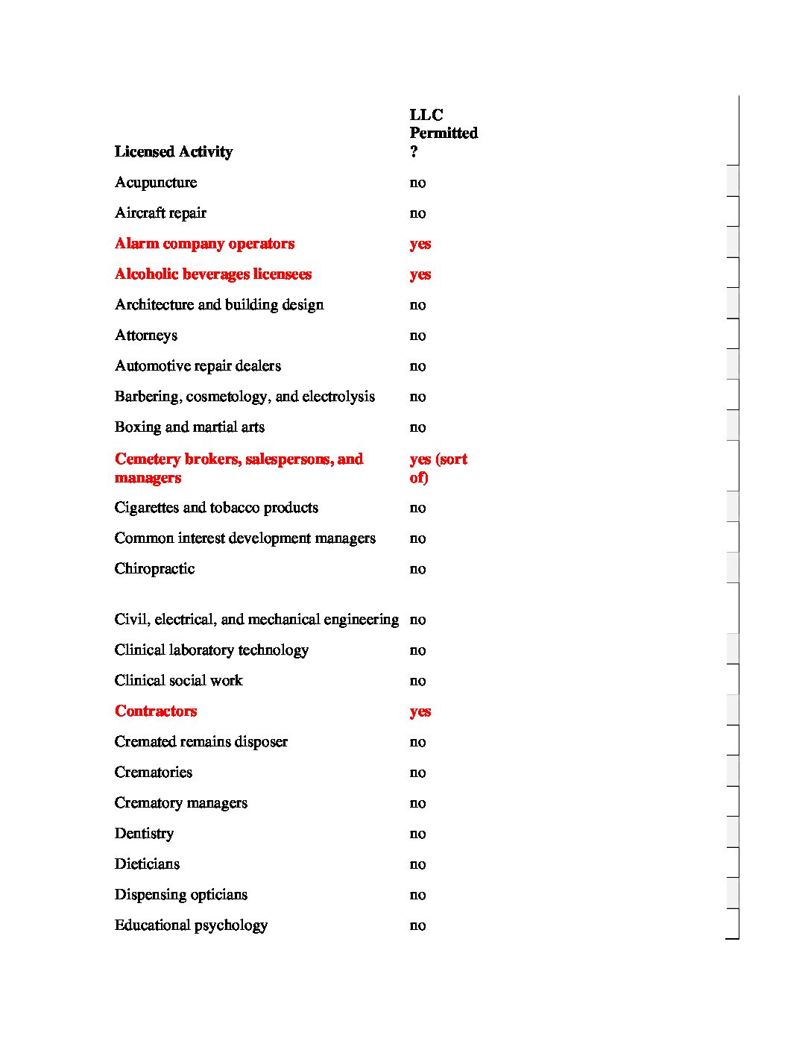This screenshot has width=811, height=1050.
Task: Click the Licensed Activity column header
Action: (x=174, y=152)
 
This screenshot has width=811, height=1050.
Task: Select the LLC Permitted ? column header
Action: (x=443, y=133)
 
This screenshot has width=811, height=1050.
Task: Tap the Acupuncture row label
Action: (x=156, y=183)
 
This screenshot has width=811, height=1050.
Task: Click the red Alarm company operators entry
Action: (x=204, y=244)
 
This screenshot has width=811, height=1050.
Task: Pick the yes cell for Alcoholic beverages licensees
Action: (x=420, y=274)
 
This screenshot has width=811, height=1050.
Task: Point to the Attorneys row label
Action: (x=146, y=336)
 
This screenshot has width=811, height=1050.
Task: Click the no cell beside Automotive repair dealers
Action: (x=417, y=366)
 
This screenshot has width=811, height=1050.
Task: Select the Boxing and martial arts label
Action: (x=189, y=427)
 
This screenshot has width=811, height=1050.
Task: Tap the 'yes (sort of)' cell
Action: (x=438, y=468)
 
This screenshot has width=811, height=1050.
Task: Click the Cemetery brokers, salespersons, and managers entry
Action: (x=239, y=468)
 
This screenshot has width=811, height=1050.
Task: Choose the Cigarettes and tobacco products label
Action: (x=216, y=508)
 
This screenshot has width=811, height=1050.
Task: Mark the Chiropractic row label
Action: (x=154, y=569)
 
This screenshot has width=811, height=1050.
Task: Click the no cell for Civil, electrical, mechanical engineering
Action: (x=417, y=620)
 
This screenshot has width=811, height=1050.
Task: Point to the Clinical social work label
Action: (x=178, y=681)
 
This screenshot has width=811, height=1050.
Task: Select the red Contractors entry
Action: (x=156, y=711)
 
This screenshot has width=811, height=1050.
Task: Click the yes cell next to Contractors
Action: (x=420, y=711)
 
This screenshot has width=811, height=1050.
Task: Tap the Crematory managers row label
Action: (x=180, y=803)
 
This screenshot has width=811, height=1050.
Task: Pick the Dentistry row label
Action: (x=144, y=834)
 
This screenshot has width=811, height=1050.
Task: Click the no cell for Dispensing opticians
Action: (x=417, y=895)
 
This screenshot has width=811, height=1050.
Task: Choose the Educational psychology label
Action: (x=191, y=925)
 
